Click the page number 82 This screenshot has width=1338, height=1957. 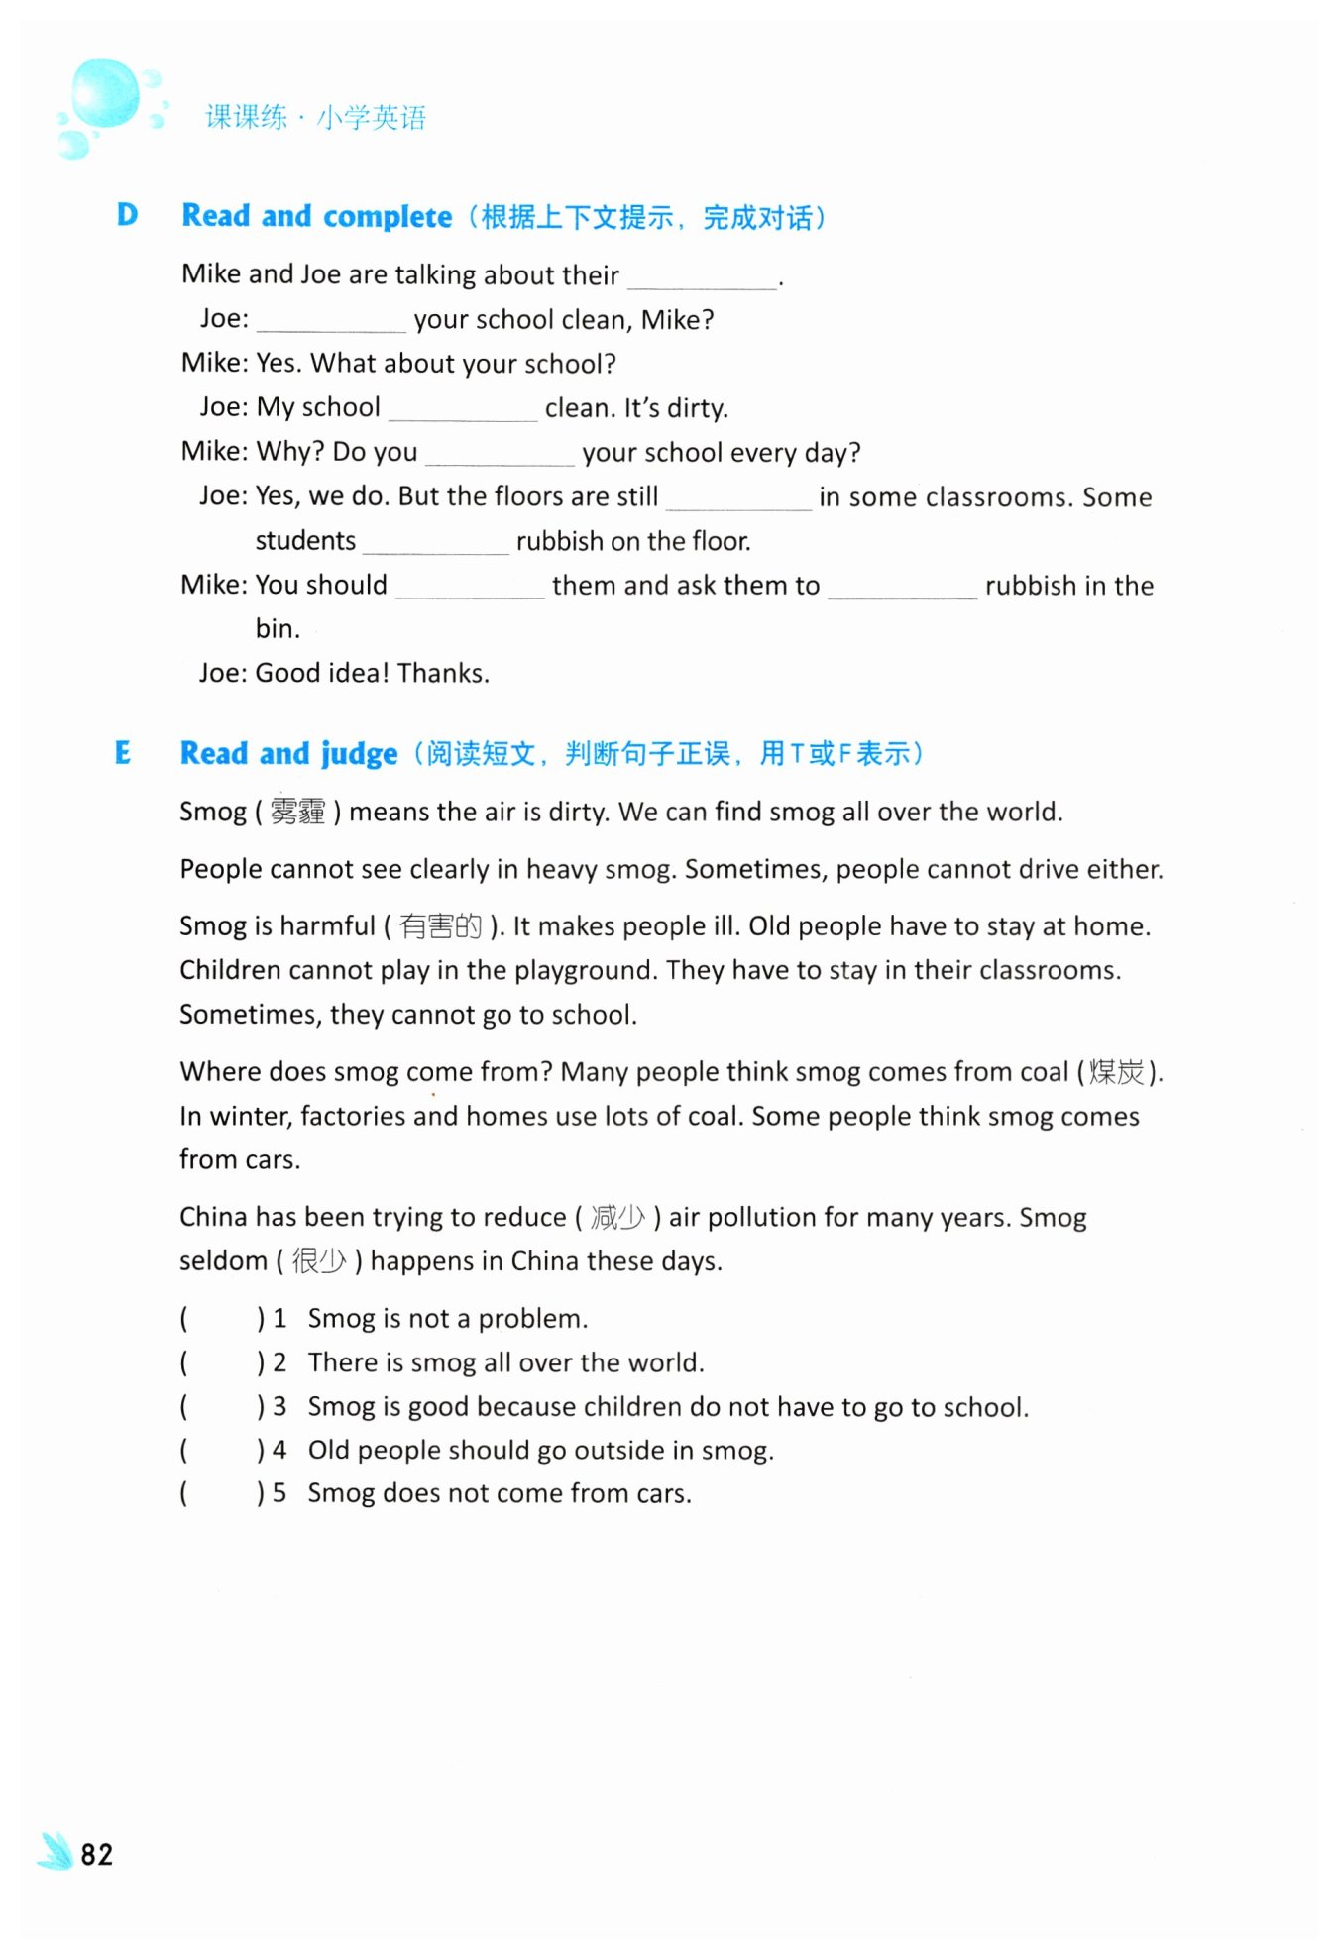coord(96,1854)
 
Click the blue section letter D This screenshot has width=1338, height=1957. coord(127,215)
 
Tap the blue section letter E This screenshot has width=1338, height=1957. coord(123,753)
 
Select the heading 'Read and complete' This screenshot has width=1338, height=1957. coord(317,216)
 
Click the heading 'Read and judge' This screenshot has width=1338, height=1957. coord(288,754)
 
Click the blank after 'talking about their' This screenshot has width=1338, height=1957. coord(703,279)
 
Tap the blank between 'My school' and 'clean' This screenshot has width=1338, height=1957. coord(463,412)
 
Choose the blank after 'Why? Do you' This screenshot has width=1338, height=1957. coord(500,457)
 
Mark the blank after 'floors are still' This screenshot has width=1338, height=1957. coord(738,501)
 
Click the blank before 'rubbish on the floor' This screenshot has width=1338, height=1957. coord(436,545)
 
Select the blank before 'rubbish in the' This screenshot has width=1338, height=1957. coord(902,590)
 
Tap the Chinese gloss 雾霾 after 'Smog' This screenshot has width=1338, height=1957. coord(297,813)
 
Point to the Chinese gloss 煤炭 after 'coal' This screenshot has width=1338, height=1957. coord(1116,1072)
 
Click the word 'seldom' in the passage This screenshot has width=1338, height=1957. coord(224,1261)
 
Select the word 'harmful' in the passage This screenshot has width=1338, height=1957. coord(327,926)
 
